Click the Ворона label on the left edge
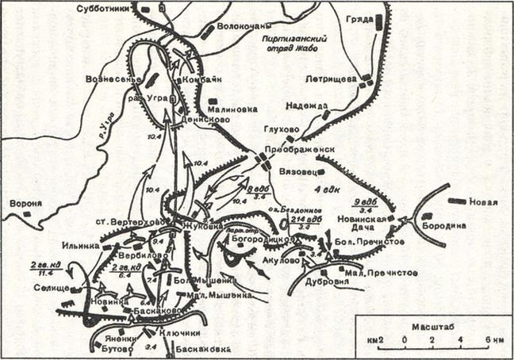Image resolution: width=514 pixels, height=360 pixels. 25,203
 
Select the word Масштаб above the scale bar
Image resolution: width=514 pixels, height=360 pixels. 427,326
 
